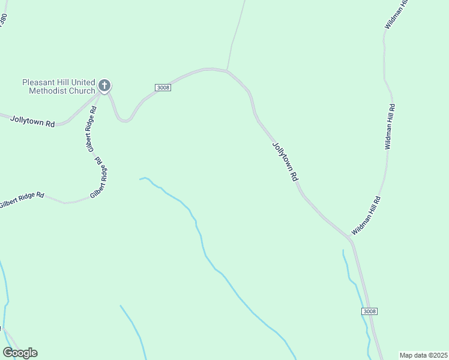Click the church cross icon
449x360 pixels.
point(104,86)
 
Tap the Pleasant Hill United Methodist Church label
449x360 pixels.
point(58,86)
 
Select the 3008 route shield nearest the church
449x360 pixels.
point(163,87)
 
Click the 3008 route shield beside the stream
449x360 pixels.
point(370,311)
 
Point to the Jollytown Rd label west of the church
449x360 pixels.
point(32,121)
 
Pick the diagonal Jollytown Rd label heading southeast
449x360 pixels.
point(285,161)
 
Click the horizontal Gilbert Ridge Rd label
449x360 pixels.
point(22,199)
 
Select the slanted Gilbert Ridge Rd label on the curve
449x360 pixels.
point(100,180)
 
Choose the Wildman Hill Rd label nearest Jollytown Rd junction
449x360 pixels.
point(366,215)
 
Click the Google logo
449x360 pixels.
point(20,353)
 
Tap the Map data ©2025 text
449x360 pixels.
point(423,355)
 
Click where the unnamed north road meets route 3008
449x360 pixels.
point(226,70)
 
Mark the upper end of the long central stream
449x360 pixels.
point(140,178)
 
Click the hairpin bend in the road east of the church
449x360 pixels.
point(124,120)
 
